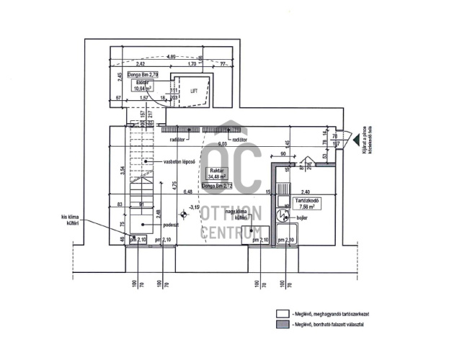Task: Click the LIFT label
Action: pos(193,91)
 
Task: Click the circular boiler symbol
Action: pos(278,215)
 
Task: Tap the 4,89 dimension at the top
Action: pos(171,56)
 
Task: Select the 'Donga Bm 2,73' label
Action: pos(217,186)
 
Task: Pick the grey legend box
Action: pos(282,326)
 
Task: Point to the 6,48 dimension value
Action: pos(188,192)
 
